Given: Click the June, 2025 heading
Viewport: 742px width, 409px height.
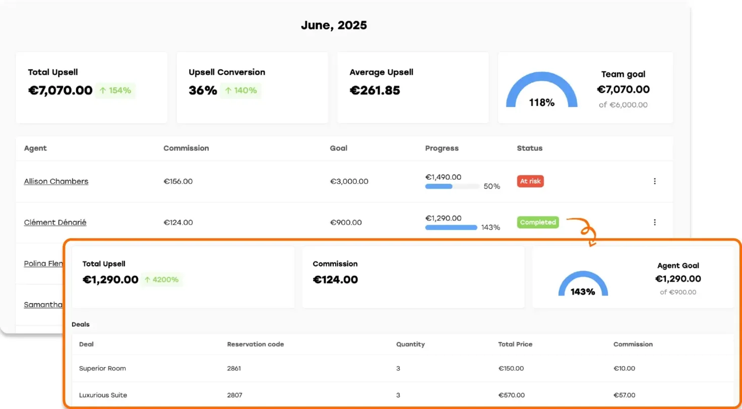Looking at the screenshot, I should [x=334, y=25].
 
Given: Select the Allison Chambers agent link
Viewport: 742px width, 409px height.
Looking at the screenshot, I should [x=56, y=182].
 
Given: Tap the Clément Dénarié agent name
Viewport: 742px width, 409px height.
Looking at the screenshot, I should [x=55, y=222].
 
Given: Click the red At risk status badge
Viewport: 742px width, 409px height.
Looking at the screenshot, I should [x=530, y=182].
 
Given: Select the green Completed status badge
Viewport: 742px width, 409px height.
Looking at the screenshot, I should [x=538, y=222].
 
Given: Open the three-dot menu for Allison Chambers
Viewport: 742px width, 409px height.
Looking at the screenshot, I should [x=655, y=182].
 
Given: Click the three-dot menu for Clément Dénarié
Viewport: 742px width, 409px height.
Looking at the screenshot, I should [x=655, y=222].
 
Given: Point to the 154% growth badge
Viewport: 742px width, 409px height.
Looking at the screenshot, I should [x=115, y=91].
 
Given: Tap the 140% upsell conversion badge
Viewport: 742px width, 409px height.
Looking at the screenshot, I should [x=241, y=91].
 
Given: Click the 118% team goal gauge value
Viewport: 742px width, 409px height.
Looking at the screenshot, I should [x=541, y=102].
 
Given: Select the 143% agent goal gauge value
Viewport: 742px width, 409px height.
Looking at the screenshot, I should [x=583, y=291].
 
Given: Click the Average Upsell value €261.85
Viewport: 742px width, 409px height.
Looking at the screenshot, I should [x=375, y=91].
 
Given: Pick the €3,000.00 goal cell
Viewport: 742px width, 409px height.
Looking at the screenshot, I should [x=349, y=182].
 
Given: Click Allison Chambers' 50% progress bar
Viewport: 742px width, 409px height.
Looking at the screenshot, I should [x=452, y=187].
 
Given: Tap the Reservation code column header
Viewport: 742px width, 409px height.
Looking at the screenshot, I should [x=255, y=344].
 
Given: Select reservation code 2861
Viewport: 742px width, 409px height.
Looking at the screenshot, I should [x=234, y=369].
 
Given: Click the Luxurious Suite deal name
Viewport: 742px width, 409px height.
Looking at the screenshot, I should [x=103, y=395].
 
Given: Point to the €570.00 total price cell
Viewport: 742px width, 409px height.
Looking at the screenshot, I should [x=511, y=395].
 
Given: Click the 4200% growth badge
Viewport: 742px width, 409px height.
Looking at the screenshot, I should [x=162, y=279].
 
